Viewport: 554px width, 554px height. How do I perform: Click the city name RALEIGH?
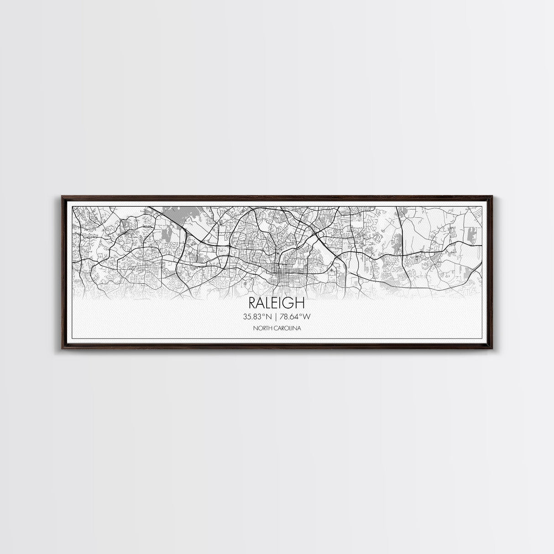(277, 303)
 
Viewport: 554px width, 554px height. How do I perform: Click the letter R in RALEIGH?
(252, 303)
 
